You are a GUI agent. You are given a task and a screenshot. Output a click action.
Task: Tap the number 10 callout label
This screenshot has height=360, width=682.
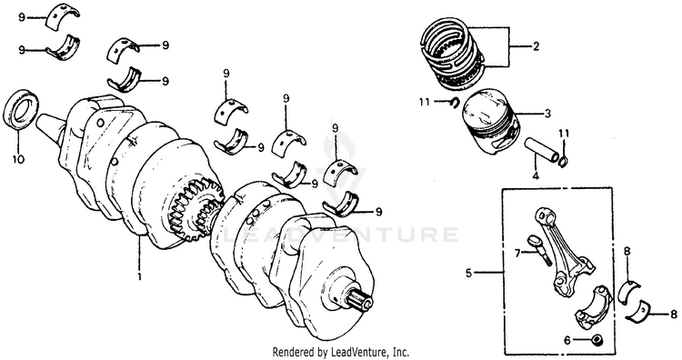(18, 160)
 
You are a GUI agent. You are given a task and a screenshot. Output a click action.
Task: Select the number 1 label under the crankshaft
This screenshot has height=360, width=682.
(140, 276)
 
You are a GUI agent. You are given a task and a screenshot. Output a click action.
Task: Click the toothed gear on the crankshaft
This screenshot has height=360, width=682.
(195, 209)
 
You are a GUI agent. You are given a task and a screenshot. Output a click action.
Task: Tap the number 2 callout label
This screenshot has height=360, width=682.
(536, 46)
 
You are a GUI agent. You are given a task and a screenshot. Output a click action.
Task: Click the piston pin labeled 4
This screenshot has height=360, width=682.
(541, 150)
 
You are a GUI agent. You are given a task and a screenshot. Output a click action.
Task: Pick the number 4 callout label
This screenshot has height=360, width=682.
(536, 175)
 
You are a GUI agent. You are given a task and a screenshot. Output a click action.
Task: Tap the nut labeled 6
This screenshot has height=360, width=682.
(597, 340)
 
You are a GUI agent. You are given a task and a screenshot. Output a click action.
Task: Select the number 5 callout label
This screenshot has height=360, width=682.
(468, 274)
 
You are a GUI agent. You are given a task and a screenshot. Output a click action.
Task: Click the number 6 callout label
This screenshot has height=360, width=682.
(567, 341)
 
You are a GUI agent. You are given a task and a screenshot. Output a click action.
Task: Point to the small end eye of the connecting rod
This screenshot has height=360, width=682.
(544, 215)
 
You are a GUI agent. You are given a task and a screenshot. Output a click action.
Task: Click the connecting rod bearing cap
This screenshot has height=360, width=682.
(594, 306)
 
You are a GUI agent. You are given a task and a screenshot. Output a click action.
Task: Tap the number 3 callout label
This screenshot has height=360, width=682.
(547, 114)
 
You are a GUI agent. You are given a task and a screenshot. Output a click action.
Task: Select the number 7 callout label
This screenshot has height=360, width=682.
(517, 253)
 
